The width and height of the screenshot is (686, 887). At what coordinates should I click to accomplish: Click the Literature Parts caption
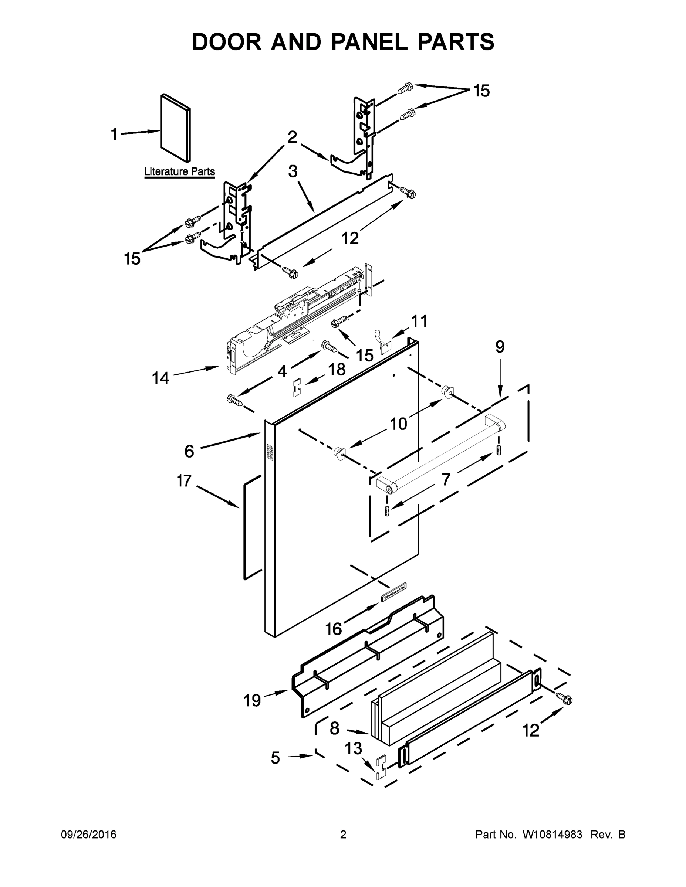click(179, 171)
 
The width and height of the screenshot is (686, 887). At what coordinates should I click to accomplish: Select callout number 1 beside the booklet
click(115, 134)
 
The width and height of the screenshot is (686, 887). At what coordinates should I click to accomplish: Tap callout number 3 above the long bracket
click(293, 171)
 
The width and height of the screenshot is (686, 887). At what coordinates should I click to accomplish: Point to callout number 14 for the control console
click(160, 378)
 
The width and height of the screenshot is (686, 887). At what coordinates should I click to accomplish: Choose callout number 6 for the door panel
click(189, 451)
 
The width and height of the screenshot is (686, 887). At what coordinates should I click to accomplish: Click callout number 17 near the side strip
click(184, 481)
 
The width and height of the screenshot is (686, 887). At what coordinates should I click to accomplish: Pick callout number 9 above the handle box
click(500, 347)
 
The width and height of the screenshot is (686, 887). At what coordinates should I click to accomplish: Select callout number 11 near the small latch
click(419, 321)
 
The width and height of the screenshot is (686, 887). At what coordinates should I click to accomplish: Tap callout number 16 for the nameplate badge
click(333, 629)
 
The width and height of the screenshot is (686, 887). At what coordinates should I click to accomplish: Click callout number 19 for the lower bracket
click(252, 700)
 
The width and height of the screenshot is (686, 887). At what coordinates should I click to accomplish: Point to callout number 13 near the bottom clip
click(353, 748)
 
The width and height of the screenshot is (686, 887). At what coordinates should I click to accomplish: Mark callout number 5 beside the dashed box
click(276, 758)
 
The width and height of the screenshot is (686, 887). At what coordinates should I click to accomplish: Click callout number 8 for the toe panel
click(334, 728)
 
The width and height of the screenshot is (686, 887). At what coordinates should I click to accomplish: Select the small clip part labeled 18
click(296, 387)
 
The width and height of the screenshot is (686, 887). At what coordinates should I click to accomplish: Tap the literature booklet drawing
click(176, 128)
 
